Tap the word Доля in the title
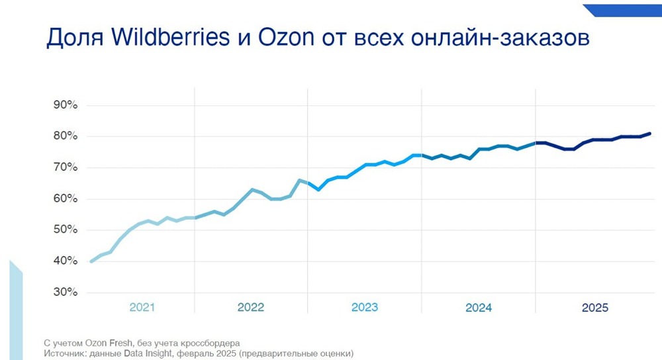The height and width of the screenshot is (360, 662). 72,38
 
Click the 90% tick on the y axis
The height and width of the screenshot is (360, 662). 65,105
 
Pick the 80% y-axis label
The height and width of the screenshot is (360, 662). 65,136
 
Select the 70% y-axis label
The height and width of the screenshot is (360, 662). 65,167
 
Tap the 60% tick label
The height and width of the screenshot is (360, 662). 65,199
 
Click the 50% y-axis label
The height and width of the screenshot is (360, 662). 65,230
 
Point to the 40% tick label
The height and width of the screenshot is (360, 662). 65,261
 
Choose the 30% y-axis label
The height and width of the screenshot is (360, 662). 65,292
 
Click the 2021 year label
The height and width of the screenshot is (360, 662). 142,308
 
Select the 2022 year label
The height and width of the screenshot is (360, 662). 251,308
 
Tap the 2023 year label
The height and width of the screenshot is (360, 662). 365,308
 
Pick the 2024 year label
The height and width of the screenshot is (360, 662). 479,308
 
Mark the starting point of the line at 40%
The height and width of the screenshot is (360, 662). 91,261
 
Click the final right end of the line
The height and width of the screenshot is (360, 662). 650,134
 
